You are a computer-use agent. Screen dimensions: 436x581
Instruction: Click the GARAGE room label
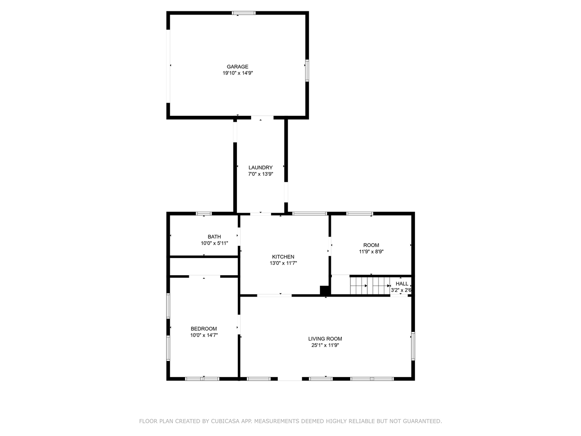[x=237, y=67]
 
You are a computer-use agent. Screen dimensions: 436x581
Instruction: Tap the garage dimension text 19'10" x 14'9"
[x=237, y=73]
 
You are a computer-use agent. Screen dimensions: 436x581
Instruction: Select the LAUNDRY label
[x=261, y=168]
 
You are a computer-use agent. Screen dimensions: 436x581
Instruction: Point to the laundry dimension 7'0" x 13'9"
[x=261, y=174]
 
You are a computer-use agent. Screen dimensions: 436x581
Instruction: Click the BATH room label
[x=214, y=237]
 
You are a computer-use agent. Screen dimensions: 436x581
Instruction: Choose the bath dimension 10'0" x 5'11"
[x=214, y=243]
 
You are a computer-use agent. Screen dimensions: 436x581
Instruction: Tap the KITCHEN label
[x=283, y=257]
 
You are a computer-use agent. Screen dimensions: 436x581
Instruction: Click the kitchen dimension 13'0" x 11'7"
[x=283, y=263]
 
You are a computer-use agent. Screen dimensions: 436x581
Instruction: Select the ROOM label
[x=371, y=245]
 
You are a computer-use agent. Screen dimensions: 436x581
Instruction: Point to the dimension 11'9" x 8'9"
[x=371, y=251]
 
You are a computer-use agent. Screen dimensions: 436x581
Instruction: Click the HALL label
[x=402, y=283]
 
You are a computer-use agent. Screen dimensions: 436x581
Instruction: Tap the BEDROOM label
[x=204, y=329]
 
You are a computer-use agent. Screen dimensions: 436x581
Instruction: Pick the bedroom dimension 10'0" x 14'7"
[x=204, y=335]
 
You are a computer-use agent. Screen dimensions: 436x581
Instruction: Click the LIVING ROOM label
[x=325, y=339]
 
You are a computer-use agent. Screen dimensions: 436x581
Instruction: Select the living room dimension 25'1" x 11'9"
[x=325, y=345]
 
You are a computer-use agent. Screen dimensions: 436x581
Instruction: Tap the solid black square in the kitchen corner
[x=325, y=290]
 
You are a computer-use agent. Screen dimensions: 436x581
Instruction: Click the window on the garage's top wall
[x=244, y=13]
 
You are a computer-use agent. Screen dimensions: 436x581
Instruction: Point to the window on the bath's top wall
[x=204, y=213]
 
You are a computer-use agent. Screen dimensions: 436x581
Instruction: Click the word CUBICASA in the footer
[x=225, y=421]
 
